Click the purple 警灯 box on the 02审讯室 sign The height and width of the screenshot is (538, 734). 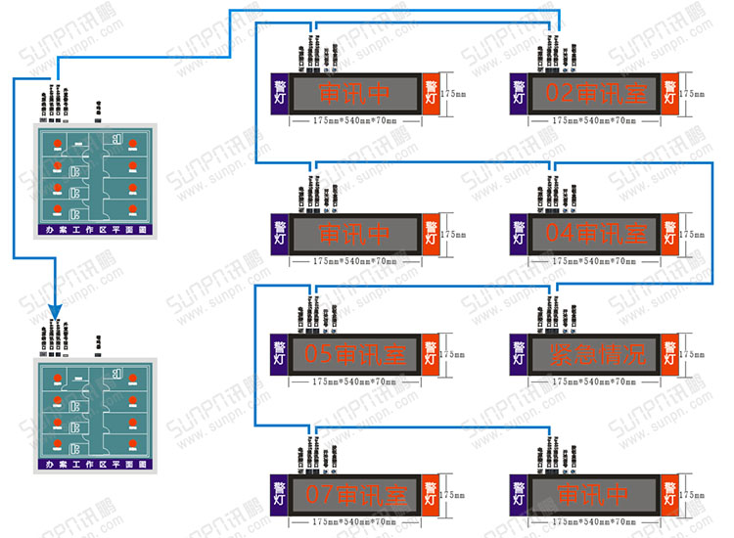pos(519,94)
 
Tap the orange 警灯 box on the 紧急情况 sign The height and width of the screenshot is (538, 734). pos(669,354)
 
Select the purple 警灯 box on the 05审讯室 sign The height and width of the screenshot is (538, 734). pos(280,354)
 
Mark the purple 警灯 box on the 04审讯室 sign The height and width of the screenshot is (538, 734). pos(519,235)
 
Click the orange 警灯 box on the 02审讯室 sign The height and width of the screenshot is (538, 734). pos(669,94)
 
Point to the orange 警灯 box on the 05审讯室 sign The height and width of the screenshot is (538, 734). pos(431,354)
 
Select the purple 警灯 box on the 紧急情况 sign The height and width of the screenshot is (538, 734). pos(519,354)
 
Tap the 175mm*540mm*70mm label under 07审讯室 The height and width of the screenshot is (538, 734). pos(354,521)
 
